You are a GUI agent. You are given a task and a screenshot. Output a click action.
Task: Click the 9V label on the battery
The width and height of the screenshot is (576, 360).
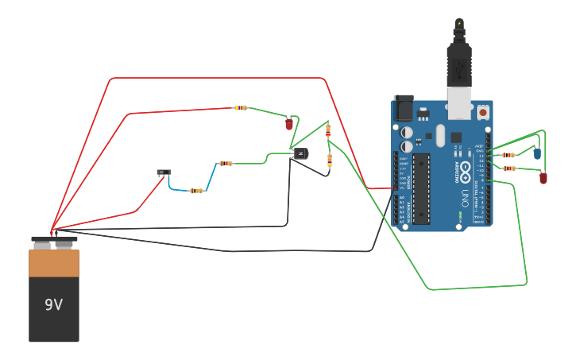[x=53, y=304]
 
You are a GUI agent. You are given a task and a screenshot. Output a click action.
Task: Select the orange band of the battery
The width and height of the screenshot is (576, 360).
[x=54, y=263]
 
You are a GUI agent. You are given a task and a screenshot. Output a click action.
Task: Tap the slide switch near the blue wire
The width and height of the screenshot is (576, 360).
[x=164, y=172]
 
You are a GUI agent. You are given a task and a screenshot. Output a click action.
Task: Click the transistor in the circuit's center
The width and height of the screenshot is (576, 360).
[x=300, y=153]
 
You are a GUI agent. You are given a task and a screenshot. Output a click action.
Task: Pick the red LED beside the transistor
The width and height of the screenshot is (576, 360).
[x=289, y=124]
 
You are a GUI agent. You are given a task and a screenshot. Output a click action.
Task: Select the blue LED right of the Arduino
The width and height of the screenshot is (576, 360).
[x=537, y=153]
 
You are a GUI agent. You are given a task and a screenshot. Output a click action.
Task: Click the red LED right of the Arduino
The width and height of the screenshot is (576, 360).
[x=543, y=178]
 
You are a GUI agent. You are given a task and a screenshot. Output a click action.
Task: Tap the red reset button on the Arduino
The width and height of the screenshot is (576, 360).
[x=482, y=114]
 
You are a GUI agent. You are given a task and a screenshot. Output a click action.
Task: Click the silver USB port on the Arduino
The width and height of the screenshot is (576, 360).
[x=458, y=104]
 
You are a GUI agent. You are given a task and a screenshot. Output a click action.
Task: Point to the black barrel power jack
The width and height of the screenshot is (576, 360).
[x=404, y=108]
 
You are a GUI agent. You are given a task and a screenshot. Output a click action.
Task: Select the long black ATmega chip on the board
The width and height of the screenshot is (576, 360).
[x=421, y=188]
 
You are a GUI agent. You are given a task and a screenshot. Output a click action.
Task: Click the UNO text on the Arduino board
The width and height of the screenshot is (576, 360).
[x=465, y=195]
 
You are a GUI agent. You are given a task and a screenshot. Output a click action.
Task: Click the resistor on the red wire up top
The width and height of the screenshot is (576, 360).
[x=241, y=108]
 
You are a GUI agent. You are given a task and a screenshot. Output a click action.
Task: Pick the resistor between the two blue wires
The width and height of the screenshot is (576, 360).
[x=196, y=191]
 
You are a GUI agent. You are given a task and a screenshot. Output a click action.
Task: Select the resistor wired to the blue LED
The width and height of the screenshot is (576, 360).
[x=508, y=155]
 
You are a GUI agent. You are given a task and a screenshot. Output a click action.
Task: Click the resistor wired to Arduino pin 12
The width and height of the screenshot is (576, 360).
[x=508, y=168]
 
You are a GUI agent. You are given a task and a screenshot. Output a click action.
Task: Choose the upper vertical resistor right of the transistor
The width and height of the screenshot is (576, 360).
[x=328, y=131]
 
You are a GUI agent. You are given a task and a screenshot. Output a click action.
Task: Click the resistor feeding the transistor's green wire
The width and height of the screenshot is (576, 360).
[x=226, y=164]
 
